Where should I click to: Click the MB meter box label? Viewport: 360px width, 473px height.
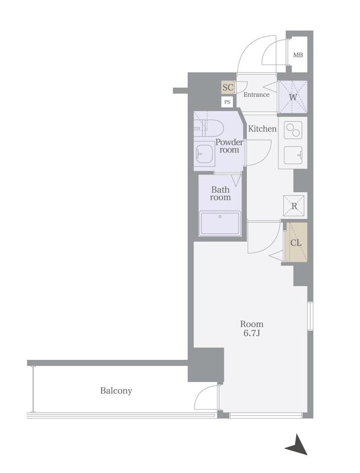click(298, 55)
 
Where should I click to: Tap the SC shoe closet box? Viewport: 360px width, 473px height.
click(228, 88)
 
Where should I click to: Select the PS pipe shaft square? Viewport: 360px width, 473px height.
click(228, 102)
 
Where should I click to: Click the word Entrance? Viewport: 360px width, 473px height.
click(257, 95)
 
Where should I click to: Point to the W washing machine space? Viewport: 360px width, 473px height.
click(293, 97)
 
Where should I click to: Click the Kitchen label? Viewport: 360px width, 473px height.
click(262, 129)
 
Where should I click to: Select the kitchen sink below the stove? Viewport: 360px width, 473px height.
click(293, 155)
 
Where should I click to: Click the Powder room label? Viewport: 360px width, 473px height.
click(229, 145)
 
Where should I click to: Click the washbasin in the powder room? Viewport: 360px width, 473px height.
click(205, 154)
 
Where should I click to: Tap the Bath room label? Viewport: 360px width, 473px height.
click(220, 193)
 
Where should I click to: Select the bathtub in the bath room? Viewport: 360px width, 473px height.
click(220, 223)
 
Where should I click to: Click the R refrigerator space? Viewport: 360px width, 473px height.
click(294, 206)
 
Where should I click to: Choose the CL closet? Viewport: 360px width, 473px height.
click(296, 242)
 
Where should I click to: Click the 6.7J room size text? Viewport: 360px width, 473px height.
click(252, 333)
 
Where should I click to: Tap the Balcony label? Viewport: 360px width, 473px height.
click(116, 391)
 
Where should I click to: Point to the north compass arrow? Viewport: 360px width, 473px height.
click(297, 445)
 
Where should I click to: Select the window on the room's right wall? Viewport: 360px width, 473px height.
click(310, 316)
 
